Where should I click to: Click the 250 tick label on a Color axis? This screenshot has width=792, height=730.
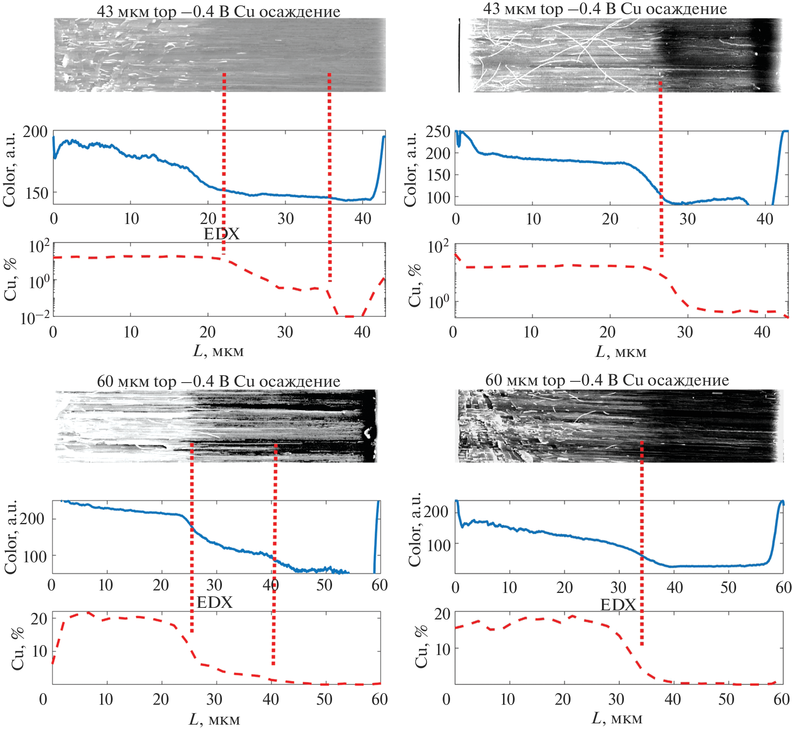tap(438, 132)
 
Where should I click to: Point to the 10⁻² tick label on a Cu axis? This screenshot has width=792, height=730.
tap(35, 318)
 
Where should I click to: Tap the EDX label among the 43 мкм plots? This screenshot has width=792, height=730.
tap(221, 234)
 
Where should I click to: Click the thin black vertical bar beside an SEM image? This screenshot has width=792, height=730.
tap(459, 55)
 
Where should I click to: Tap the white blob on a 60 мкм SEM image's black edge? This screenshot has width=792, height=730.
tap(367, 433)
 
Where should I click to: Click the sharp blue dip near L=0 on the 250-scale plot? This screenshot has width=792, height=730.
tap(458, 143)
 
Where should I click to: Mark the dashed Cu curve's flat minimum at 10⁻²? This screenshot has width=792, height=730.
tap(350, 316)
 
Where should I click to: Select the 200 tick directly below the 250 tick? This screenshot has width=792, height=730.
tap(438, 153)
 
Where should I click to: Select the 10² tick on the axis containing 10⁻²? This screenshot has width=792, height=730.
tap(39, 246)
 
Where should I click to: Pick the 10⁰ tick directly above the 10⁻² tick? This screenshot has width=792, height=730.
tap(39, 282)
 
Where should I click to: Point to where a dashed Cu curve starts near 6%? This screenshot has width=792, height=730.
tap(53, 663)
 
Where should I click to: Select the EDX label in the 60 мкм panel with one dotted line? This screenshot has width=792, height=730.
tap(618, 605)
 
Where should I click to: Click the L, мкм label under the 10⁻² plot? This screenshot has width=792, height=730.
tap(219, 351)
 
